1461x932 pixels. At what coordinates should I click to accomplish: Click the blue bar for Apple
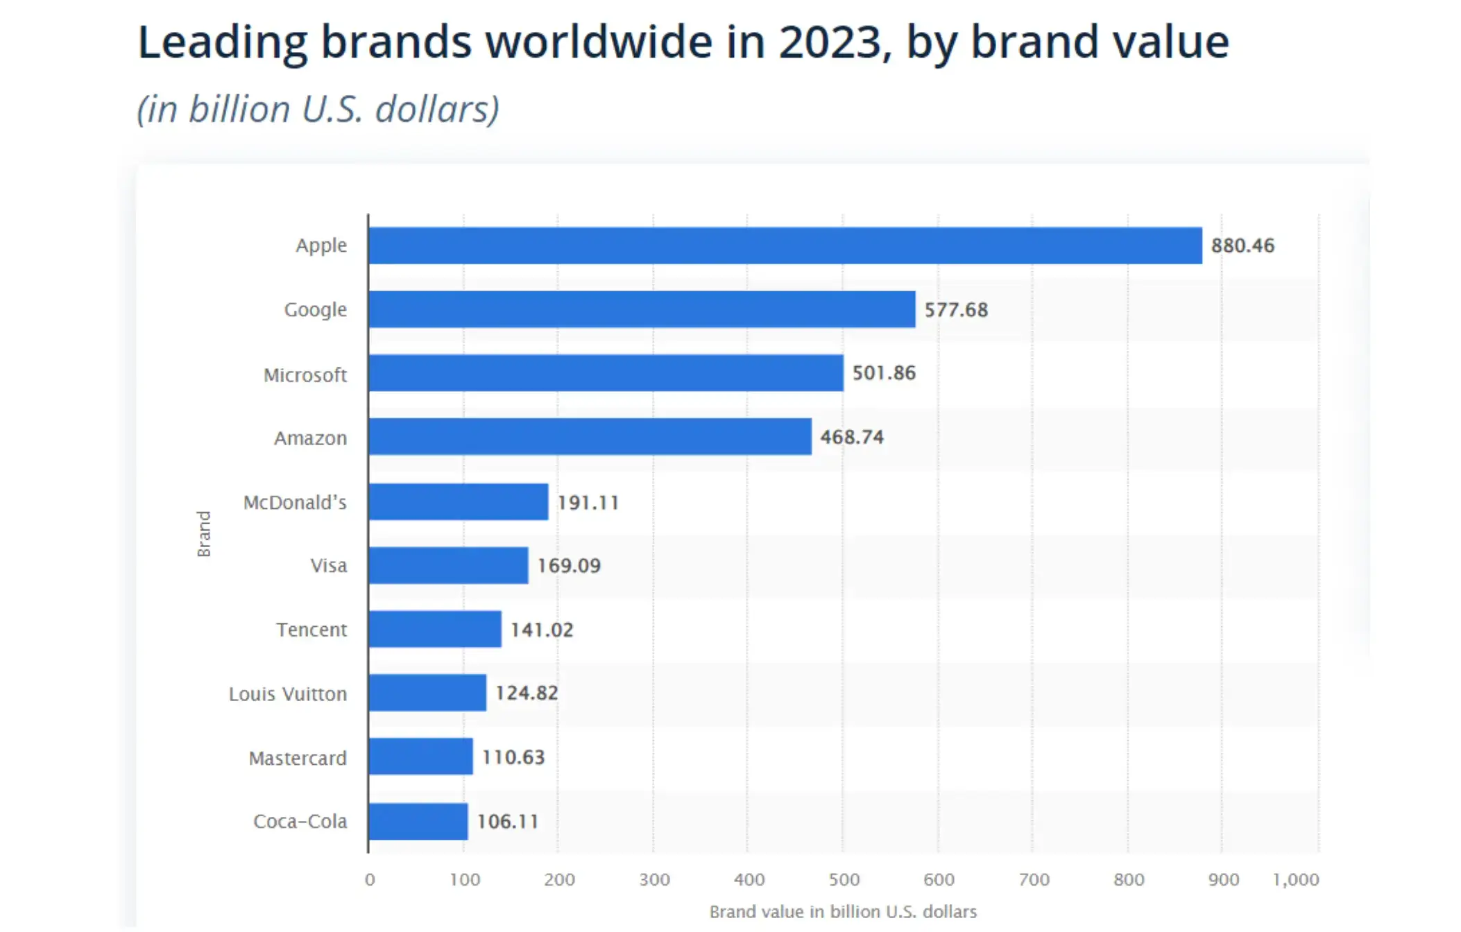[x=785, y=245]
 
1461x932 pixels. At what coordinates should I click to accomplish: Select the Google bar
[x=642, y=309]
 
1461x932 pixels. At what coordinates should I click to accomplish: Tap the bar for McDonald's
[x=459, y=502]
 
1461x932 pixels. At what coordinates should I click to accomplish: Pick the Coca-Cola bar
[x=418, y=821]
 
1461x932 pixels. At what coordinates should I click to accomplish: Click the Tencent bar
[x=435, y=629]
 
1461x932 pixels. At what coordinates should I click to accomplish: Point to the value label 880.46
[x=1242, y=245]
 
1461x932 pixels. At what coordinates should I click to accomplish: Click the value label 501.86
[x=884, y=373]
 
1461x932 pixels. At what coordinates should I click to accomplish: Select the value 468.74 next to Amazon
[x=852, y=437]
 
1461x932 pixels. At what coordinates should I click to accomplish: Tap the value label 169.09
[x=569, y=565]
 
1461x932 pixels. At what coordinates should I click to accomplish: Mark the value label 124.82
[x=527, y=693]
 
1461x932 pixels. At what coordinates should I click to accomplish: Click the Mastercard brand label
[x=298, y=758]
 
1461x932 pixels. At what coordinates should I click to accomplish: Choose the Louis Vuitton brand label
[x=288, y=693]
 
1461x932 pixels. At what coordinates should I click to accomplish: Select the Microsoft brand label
[x=305, y=375]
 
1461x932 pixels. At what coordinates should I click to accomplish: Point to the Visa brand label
[x=329, y=566]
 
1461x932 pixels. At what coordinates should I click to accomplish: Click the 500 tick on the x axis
[x=844, y=879]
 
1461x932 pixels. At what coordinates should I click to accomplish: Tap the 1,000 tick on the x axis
[x=1295, y=879]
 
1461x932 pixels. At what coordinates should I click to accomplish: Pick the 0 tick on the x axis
[x=370, y=879]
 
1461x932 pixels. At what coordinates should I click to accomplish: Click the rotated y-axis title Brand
[x=203, y=533]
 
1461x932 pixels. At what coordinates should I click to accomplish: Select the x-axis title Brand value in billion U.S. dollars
[x=843, y=911]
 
